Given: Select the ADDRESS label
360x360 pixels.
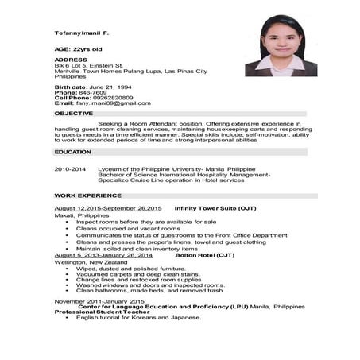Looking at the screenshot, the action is pos(71,60).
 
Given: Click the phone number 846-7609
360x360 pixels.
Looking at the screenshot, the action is pos(94,92).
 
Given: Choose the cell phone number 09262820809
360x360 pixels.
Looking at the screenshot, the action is pos(110,98).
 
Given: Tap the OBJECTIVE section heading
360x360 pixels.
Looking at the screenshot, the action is pos(74,114).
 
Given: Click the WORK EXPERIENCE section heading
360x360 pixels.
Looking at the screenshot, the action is pos(87,195).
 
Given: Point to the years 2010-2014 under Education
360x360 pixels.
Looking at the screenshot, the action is pos(70,169).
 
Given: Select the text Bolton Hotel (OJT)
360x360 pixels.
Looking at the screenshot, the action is pos(205,255).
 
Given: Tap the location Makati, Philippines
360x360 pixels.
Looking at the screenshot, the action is pos(82,215).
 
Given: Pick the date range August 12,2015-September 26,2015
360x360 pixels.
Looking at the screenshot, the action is pos(108,208).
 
